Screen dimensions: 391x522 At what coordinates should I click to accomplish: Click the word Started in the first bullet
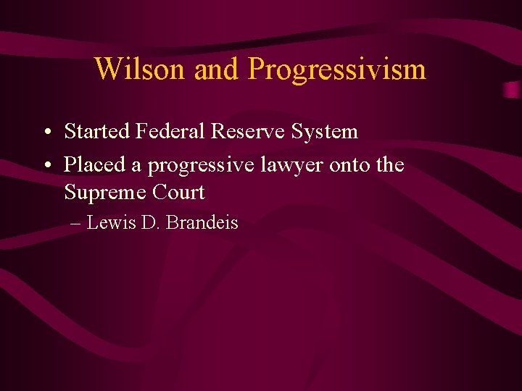(x=96, y=132)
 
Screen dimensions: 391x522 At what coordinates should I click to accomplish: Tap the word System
(x=325, y=133)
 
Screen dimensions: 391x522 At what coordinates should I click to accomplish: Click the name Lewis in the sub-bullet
(x=109, y=223)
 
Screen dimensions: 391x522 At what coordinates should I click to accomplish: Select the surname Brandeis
(x=202, y=223)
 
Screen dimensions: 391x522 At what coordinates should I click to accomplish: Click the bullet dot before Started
(x=46, y=133)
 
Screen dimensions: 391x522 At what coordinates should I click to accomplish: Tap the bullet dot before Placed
(x=46, y=166)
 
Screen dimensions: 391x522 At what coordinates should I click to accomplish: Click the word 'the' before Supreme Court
(x=390, y=165)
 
